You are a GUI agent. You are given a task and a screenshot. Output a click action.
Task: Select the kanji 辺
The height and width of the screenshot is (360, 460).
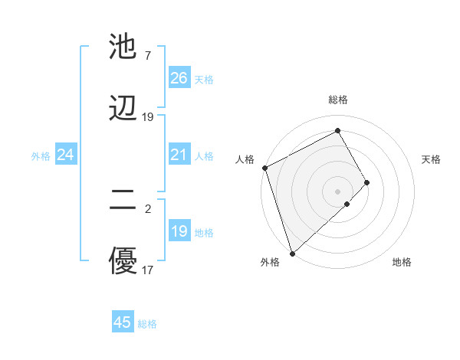point(123,108)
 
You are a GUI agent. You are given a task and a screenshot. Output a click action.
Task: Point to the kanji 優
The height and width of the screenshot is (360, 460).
point(123,261)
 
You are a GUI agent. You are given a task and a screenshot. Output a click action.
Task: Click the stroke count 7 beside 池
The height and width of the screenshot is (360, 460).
point(147,56)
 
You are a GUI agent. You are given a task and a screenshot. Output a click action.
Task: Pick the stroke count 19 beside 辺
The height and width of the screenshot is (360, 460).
point(147,117)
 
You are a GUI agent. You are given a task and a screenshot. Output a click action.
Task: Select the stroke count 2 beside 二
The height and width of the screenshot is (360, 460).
point(147,208)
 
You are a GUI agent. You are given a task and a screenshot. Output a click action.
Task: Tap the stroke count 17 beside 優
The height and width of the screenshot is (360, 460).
point(147,270)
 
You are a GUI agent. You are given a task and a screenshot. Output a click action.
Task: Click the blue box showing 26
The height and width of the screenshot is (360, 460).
point(179,78)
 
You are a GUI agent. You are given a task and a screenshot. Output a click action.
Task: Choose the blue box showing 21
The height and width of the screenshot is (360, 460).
point(179,155)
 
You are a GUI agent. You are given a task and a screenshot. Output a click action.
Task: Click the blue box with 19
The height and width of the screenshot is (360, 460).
point(179,231)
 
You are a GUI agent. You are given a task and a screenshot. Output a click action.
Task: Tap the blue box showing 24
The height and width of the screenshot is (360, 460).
point(65,155)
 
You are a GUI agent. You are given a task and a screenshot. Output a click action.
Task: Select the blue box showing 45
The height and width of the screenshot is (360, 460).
point(123,322)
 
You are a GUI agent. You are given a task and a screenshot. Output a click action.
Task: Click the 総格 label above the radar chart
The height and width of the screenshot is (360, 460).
point(338,100)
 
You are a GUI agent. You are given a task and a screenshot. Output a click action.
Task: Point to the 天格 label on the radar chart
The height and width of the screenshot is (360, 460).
point(432,159)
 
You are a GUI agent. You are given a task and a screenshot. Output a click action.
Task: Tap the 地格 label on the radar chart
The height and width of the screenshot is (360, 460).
point(402,262)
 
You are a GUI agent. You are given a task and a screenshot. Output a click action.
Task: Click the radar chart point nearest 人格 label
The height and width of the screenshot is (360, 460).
point(264,168)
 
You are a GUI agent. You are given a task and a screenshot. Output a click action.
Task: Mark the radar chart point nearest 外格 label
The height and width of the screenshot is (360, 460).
point(291,253)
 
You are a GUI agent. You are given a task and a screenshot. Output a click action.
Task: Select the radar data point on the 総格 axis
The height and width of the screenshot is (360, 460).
point(338,131)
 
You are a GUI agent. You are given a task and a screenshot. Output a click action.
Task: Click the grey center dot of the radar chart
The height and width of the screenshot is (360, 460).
point(338,190)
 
